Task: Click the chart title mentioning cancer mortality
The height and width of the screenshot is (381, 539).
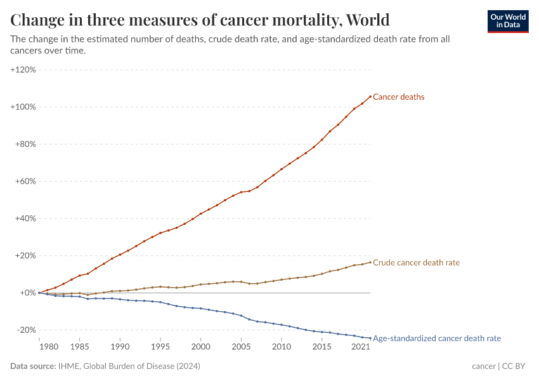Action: pos(200,20)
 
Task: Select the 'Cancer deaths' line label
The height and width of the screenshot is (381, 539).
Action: pos(398,97)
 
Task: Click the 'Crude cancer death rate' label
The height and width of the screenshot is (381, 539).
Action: pos(416,263)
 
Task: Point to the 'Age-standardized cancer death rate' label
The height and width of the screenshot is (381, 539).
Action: pos(437,338)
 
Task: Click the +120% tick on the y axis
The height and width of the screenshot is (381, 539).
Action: pos(23,69)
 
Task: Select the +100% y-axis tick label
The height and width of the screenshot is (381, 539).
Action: pos(23,107)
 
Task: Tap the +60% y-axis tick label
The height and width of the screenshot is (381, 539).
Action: pos(25,181)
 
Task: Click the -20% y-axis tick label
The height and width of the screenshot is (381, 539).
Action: pos(25,330)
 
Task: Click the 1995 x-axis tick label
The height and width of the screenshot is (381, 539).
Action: pos(160,347)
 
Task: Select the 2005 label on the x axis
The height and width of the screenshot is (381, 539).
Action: pos(241,347)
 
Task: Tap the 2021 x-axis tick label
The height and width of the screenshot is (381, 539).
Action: pos(360,347)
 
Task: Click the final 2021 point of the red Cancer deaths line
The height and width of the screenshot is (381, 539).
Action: pos(370,97)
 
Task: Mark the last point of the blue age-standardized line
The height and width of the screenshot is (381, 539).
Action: pos(370,338)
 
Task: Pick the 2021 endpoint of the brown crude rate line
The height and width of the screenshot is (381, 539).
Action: pos(370,262)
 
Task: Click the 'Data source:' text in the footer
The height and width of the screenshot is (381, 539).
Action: pos(33,366)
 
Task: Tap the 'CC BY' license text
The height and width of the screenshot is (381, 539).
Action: pos(516,366)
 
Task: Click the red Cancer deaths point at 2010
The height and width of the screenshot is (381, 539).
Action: pos(282,169)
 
